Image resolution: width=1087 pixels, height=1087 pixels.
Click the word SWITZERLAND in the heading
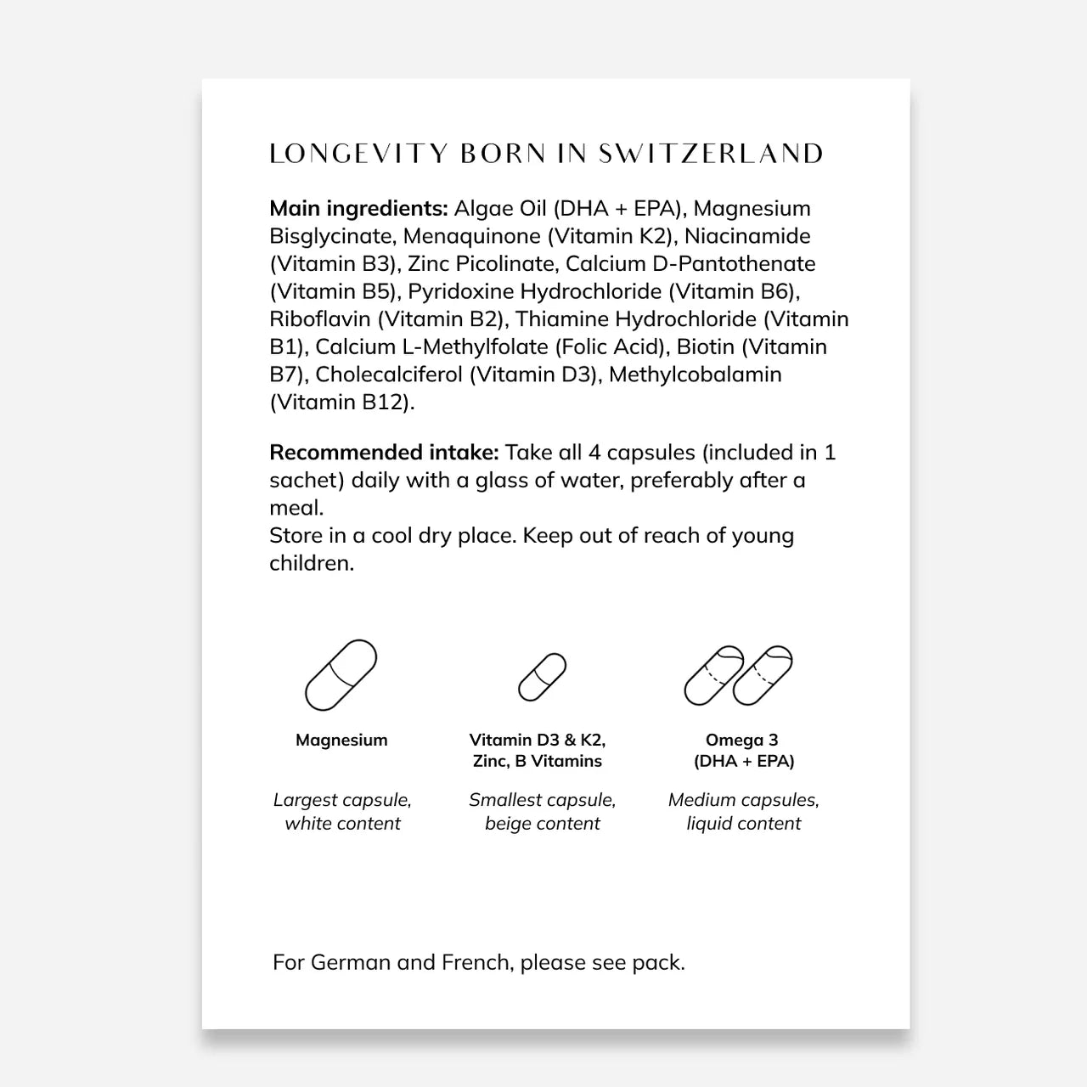click(x=711, y=154)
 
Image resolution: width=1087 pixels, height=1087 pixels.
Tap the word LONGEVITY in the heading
click(x=358, y=154)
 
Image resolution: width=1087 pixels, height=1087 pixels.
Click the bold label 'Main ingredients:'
click(x=358, y=209)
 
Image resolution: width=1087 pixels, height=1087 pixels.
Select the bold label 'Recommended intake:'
click(x=384, y=453)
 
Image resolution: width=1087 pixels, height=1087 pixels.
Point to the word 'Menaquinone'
click(x=471, y=236)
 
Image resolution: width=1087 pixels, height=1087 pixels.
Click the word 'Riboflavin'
click(x=320, y=319)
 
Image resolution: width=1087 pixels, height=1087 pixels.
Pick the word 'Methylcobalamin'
click(x=695, y=375)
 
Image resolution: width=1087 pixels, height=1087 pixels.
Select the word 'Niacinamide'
click(x=747, y=236)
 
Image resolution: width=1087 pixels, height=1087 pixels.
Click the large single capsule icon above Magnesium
click(x=341, y=675)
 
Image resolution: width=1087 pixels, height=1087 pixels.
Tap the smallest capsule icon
click(x=542, y=677)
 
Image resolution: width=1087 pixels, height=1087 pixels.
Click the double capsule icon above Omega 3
click(x=739, y=675)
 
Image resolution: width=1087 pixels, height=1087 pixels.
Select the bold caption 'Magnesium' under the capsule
click(x=341, y=740)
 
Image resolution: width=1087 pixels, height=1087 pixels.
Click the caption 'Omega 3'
click(x=741, y=740)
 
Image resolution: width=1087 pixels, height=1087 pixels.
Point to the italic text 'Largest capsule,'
click(x=342, y=800)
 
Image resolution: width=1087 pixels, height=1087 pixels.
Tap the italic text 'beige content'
click(x=542, y=823)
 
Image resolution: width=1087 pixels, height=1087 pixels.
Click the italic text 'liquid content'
click(x=743, y=823)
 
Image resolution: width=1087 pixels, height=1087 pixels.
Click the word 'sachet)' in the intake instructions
click(x=307, y=481)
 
